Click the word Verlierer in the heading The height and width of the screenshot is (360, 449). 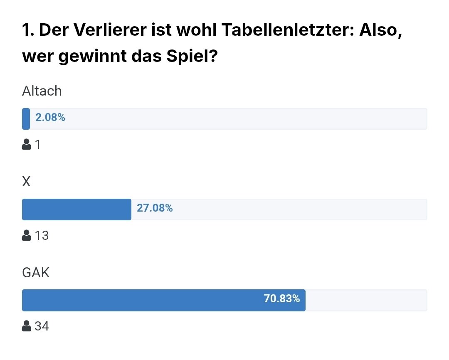tap(110, 30)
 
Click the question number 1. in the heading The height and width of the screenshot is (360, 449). tap(28, 30)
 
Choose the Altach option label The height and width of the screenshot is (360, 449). tap(42, 91)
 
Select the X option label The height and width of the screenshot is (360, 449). tap(26, 182)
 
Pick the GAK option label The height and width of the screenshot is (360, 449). tap(36, 272)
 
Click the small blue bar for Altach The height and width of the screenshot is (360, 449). tap(26, 119)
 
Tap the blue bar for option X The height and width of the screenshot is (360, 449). tap(77, 210)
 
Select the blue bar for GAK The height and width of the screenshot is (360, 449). tap(164, 300)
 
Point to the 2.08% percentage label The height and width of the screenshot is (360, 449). tap(50, 117)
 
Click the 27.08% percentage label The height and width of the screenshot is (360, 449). tap(155, 208)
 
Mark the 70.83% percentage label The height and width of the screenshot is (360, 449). tap(282, 298)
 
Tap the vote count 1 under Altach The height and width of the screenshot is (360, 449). tap(37, 145)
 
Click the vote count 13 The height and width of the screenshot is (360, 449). tap(42, 235)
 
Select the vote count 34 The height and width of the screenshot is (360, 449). tap(42, 326)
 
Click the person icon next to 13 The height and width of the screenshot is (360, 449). tap(26, 235)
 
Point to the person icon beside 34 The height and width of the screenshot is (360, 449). tap(26, 326)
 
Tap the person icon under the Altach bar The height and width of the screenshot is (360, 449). tap(26, 144)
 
